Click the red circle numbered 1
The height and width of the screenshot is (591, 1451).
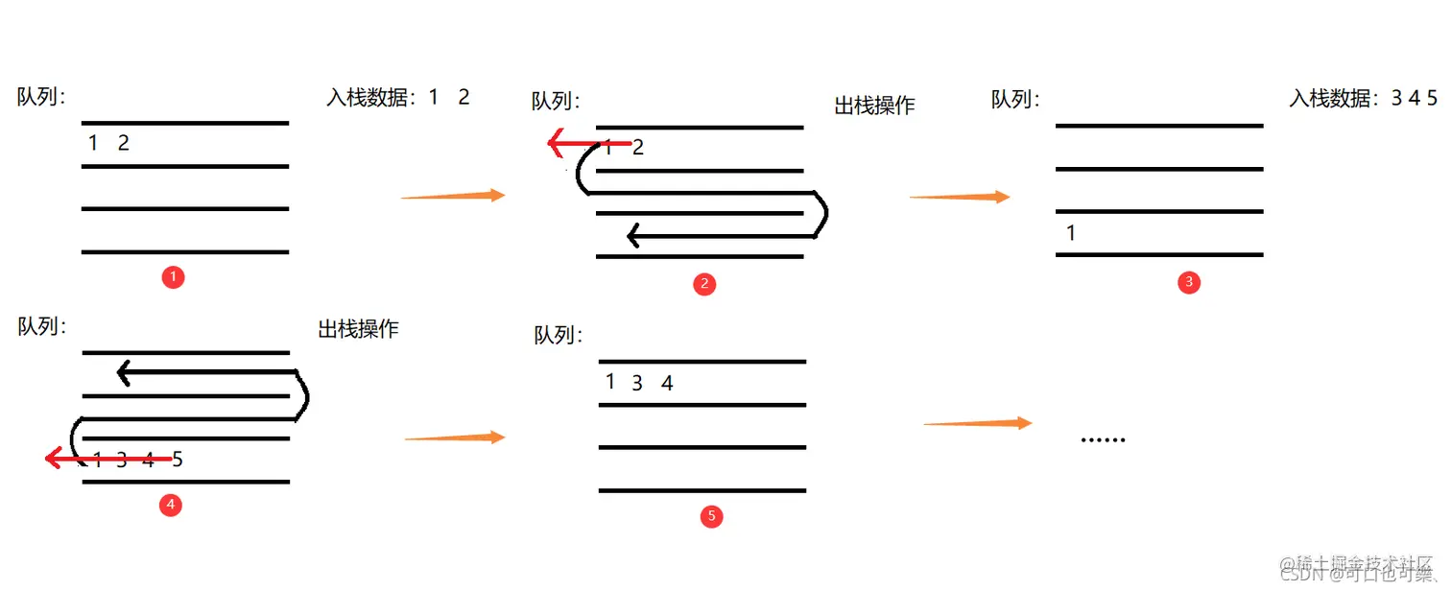tap(174, 277)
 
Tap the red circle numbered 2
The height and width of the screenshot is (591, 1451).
tap(704, 284)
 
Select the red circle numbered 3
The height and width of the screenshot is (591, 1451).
tap(1189, 282)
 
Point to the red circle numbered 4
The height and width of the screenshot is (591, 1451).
tap(171, 505)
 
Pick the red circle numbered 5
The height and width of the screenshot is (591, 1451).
tap(711, 517)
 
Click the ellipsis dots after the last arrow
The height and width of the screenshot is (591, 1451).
tap(1103, 439)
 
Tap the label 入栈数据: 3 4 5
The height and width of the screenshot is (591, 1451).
tap(1363, 98)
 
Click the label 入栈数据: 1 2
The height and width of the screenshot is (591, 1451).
tap(398, 97)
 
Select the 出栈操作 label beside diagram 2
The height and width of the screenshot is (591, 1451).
tap(874, 106)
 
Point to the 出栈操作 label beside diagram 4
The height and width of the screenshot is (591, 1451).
tap(358, 329)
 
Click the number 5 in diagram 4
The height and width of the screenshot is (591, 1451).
tap(178, 460)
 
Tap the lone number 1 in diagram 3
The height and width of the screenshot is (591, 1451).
tap(1071, 233)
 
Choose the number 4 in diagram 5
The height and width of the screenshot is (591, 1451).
tap(667, 384)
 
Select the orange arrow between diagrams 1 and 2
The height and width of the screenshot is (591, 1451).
tap(453, 196)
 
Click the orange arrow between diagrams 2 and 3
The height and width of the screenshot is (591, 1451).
tap(960, 197)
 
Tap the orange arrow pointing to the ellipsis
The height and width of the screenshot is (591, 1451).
tap(977, 423)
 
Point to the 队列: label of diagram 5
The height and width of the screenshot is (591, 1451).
tap(557, 336)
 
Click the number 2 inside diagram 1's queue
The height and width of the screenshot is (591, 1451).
tap(123, 144)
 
